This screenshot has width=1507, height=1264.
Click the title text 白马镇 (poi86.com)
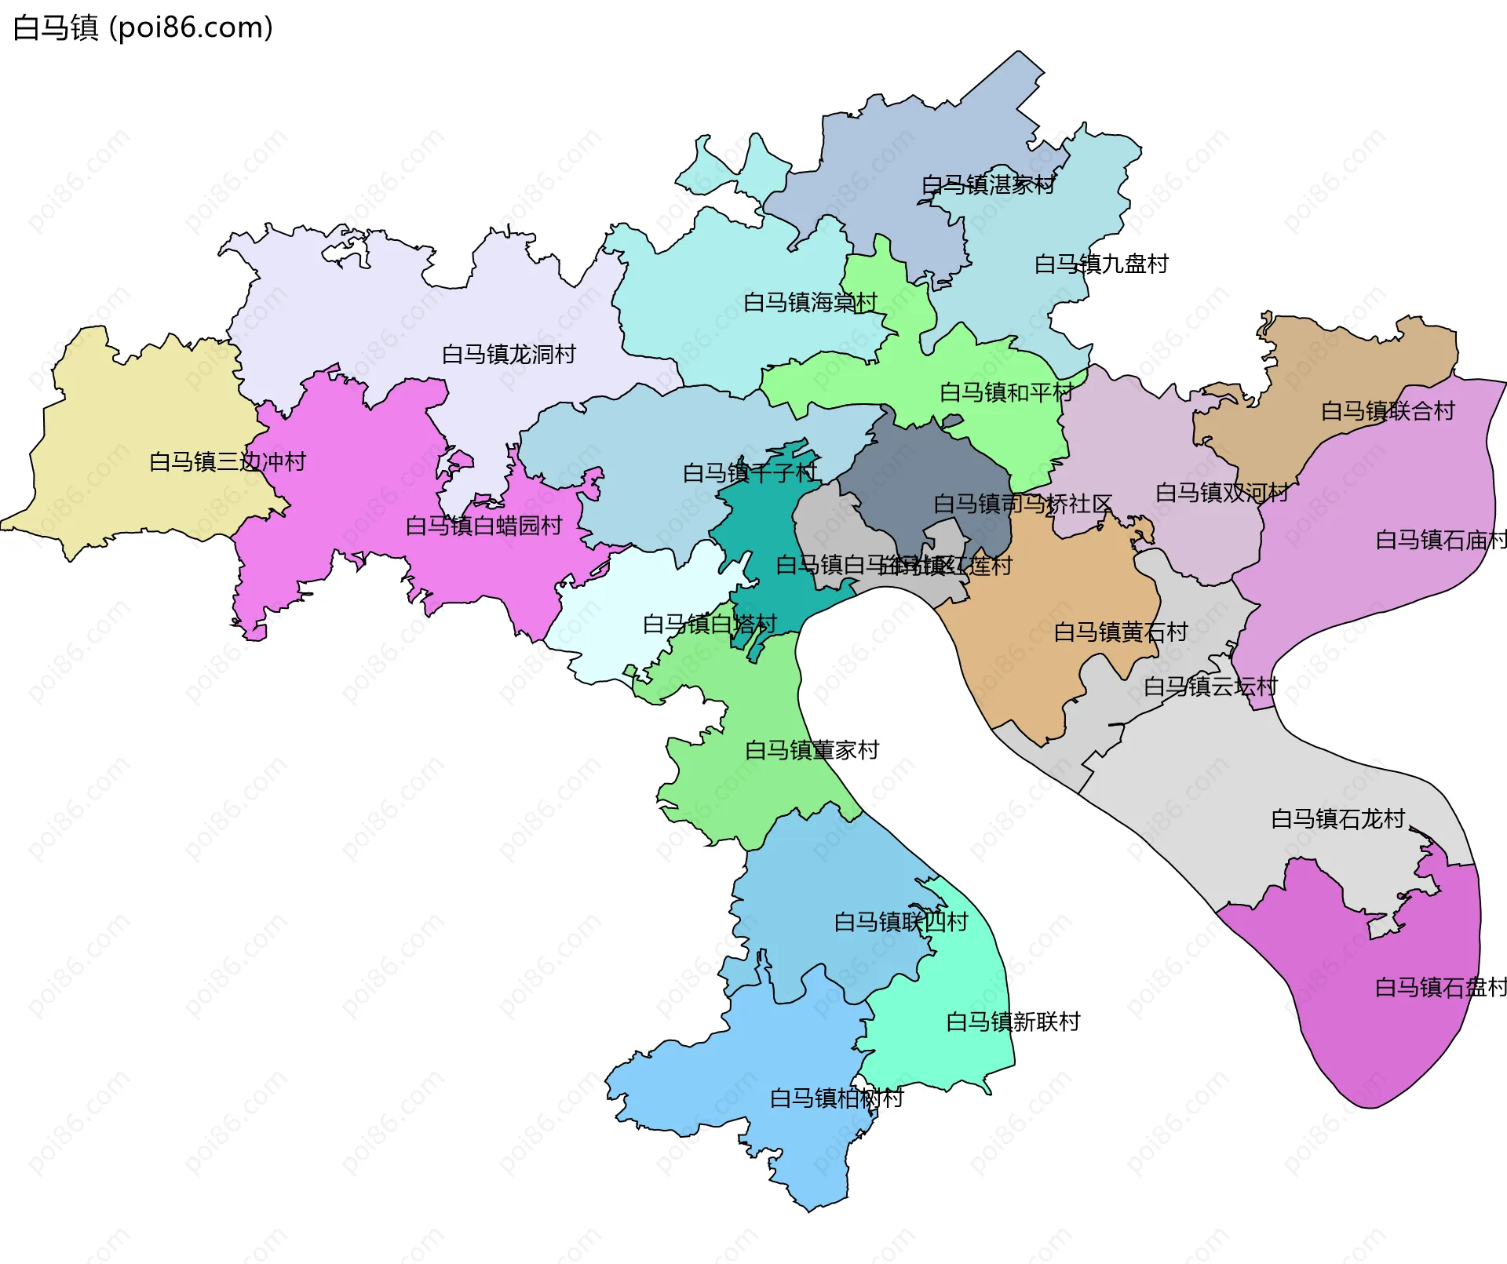click(143, 28)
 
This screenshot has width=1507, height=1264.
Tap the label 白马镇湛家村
click(987, 185)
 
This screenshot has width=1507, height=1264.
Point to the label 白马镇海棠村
click(809, 303)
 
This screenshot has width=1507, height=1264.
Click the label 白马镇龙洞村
click(508, 355)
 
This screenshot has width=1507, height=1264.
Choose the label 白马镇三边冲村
click(227, 462)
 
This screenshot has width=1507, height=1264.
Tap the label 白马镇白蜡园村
click(483, 526)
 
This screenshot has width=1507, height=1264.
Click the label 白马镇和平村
click(1005, 393)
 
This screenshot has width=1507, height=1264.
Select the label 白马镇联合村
click(1387, 411)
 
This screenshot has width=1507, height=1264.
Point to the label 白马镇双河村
click(1221, 494)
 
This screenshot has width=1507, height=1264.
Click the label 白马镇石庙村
click(1441, 541)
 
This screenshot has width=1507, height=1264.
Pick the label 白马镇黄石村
click(1120, 632)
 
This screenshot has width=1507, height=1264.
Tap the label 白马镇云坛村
click(1210, 687)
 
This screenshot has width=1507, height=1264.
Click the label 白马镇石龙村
click(1337, 820)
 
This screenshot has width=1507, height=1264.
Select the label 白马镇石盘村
click(1440, 988)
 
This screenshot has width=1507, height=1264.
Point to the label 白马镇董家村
click(811, 751)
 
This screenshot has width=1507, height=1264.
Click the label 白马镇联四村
click(900, 923)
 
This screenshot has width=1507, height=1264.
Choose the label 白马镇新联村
click(1013, 1022)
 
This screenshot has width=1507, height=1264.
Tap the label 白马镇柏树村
click(836, 1098)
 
